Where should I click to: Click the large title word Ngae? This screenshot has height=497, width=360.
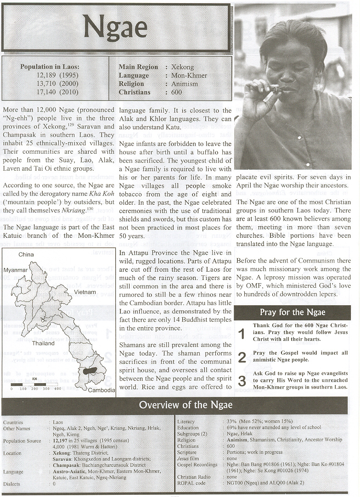tap(115, 28)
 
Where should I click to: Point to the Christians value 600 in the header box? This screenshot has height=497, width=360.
tap(177, 92)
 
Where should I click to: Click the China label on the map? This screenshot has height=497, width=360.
tap(26, 254)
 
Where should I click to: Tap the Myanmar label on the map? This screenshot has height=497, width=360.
tap(16, 270)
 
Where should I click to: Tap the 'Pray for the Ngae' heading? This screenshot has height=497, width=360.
tap(292, 313)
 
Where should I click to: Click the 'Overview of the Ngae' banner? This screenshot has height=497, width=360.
tap(186, 405)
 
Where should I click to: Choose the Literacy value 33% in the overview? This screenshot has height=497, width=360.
tap(231, 421)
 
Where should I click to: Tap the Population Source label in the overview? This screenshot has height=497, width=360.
tap(22, 441)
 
